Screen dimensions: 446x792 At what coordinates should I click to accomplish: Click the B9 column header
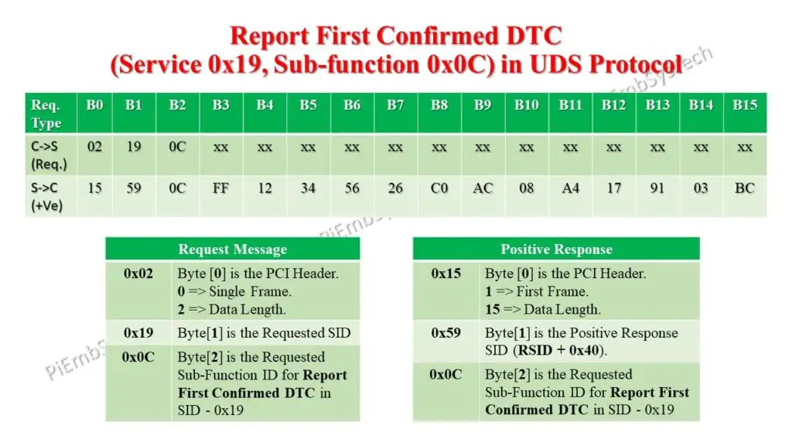[483, 105]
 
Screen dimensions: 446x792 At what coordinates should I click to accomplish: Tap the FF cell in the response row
[221, 188]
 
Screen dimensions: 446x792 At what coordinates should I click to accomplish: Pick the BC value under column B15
[744, 188]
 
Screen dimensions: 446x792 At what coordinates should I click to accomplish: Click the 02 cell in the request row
[94, 146]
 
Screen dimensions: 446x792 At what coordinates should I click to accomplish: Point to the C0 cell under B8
[439, 188]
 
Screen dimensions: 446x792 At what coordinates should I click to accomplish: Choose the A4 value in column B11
[570, 188]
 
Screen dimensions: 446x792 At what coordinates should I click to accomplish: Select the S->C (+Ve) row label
[48, 196]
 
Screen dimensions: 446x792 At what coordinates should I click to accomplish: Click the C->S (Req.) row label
[48, 154]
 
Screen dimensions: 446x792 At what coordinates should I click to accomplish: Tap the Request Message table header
[232, 249]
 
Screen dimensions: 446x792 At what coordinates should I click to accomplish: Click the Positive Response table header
[556, 249]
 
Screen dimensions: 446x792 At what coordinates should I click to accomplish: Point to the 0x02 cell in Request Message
[138, 273]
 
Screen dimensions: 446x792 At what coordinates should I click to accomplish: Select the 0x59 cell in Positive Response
[446, 333]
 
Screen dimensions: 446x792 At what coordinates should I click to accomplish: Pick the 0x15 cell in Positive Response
[446, 273]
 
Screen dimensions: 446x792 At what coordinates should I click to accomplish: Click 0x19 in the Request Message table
[138, 333]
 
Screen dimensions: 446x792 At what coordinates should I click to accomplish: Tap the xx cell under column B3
[221, 146]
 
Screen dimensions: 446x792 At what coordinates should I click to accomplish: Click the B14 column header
[701, 105]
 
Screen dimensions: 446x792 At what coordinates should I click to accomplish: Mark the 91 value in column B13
[657, 188]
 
